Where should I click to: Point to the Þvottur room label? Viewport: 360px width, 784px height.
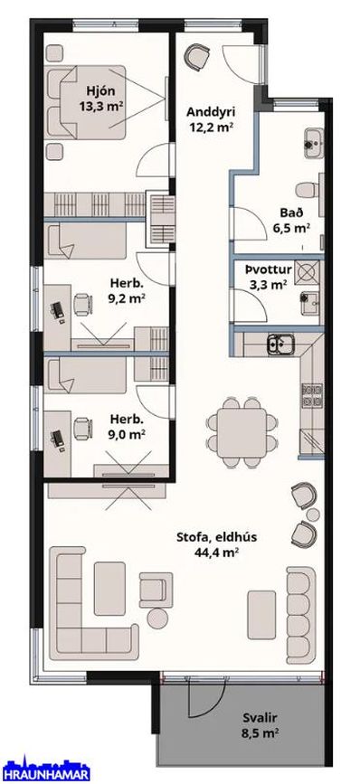tap(268, 270)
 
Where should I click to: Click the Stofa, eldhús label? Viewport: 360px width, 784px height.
tap(216, 537)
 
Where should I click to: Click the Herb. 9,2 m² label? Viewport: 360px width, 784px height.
tap(127, 291)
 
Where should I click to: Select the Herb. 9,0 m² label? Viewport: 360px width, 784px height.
tap(127, 427)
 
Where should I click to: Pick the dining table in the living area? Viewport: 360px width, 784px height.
tap(242, 433)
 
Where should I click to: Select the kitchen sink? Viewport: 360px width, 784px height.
tap(280, 344)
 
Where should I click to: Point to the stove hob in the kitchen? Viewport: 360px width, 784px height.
tap(311, 395)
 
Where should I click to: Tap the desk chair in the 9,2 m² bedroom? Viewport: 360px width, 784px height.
tap(82, 304)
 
